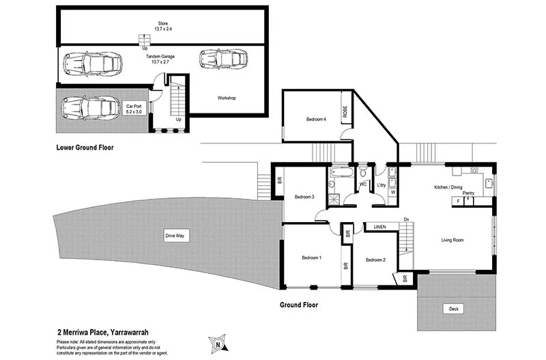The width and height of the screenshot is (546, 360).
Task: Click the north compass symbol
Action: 218,344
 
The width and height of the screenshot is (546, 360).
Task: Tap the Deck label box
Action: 453,309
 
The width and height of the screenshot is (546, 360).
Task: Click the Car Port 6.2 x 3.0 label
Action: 134,109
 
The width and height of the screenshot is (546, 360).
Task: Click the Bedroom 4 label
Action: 316,119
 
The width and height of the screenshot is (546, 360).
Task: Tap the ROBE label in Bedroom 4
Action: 345,111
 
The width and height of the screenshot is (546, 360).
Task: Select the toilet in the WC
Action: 363,171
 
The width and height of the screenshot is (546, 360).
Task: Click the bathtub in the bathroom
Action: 342,172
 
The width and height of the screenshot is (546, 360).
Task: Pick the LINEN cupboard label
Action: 380,227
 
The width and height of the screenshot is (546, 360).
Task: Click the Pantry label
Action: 468,193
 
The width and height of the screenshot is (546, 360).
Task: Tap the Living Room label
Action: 452,240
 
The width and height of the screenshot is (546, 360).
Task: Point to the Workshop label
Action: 227,98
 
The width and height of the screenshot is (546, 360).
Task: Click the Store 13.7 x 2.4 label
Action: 163,26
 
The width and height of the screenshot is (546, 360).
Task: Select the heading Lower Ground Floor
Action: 85,148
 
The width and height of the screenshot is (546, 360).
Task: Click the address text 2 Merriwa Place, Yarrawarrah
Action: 103,333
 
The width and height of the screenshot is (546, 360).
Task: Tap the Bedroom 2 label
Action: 375,260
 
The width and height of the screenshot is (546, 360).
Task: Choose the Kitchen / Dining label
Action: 448,187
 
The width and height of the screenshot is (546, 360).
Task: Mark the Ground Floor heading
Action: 299,305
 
